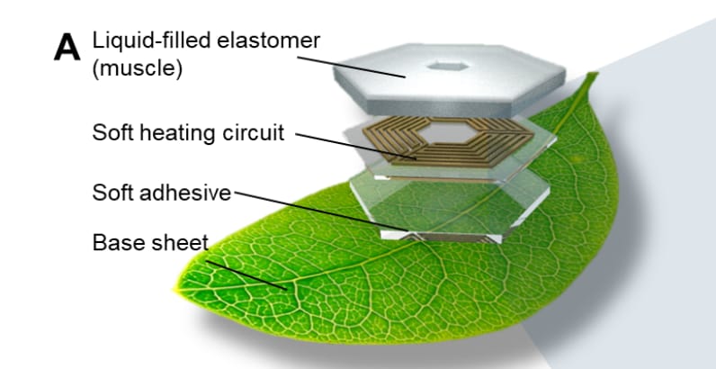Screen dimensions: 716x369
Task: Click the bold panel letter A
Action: [67, 48]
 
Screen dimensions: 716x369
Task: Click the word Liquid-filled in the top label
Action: [152, 40]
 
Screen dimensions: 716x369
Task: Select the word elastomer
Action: [268, 40]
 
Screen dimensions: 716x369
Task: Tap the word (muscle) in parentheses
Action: [138, 68]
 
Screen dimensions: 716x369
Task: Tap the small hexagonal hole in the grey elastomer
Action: [449, 67]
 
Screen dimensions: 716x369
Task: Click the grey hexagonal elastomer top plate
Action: [450, 79]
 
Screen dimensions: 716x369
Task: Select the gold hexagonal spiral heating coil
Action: [448, 140]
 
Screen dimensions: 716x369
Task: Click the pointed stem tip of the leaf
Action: [594, 75]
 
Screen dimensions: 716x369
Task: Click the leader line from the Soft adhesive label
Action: [321, 211]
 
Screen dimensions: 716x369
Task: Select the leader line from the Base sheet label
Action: [246, 275]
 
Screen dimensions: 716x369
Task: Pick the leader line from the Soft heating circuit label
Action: [355, 146]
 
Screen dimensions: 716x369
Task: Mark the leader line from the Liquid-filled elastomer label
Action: [351, 67]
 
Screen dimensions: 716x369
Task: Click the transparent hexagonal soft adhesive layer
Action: [450, 206]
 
